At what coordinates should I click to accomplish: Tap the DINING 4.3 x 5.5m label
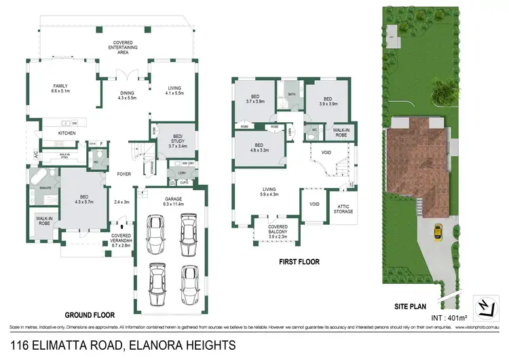tap(127, 96)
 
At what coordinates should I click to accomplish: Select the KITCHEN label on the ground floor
tap(67, 133)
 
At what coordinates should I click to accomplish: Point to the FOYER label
tap(124, 174)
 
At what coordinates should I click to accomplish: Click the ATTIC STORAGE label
tap(343, 210)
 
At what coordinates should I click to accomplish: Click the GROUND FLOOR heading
tap(89, 315)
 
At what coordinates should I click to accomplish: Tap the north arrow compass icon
tap(486, 308)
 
